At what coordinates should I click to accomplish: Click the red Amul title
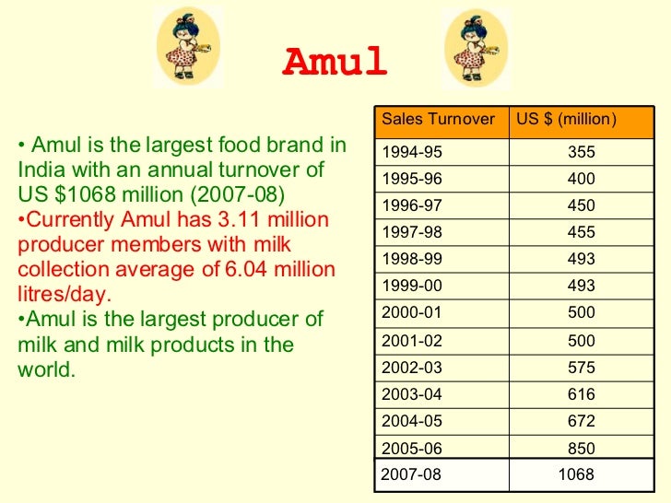point(334,63)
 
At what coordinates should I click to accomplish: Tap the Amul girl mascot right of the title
point(476,48)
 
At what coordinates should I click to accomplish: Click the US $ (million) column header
point(566,119)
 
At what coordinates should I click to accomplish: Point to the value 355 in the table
point(582,152)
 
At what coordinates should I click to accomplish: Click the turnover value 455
point(582,232)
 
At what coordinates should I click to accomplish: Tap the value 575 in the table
point(582,368)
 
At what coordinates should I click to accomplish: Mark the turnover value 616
point(582,394)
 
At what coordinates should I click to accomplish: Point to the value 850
point(582,449)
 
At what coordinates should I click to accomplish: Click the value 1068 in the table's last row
point(576,475)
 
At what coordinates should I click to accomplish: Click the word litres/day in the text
point(65,295)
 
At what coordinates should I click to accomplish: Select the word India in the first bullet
point(41,170)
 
